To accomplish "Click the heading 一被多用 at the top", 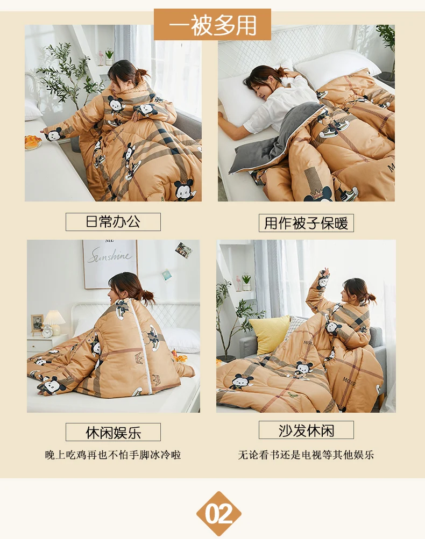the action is pos(212,25).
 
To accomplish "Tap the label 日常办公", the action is pos(113,222).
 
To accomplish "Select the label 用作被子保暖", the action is pos(306,223).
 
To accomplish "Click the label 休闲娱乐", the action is pos(113,432).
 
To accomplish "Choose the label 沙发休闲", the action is pos(306,430).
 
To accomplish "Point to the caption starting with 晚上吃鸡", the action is pos(113,455).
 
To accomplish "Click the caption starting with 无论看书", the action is pos(306,455).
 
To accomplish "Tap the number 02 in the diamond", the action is pos(218,514).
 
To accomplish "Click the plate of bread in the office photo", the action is pos(33,142).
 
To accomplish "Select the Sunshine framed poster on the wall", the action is pos(110,264).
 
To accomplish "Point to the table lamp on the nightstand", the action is pos(54,321).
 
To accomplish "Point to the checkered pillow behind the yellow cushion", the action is pos(296,325).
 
